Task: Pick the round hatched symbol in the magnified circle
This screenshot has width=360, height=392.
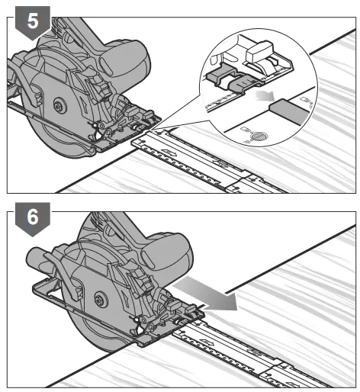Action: [x=260, y=136]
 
